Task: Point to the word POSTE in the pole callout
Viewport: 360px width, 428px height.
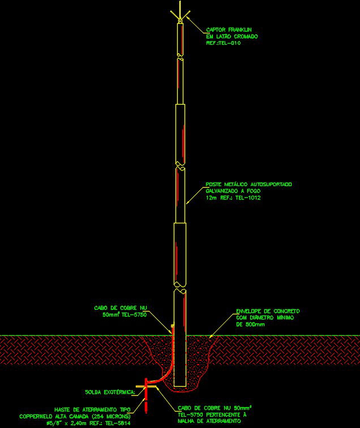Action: coord(215,184)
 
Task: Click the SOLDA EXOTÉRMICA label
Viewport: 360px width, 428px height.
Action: coord(110,392)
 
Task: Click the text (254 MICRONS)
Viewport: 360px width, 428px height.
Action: coord(111,416)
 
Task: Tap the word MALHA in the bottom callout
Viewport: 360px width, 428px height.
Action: coord(187,420)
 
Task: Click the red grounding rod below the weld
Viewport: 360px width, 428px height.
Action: coord(146,401)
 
